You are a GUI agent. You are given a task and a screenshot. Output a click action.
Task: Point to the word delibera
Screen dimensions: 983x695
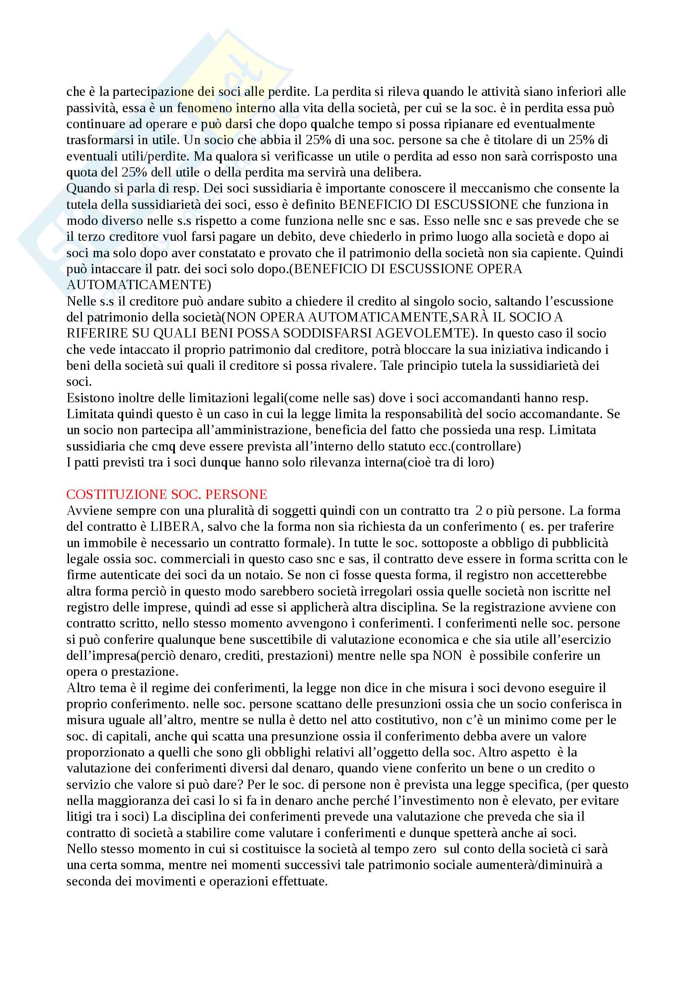point(398,173)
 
